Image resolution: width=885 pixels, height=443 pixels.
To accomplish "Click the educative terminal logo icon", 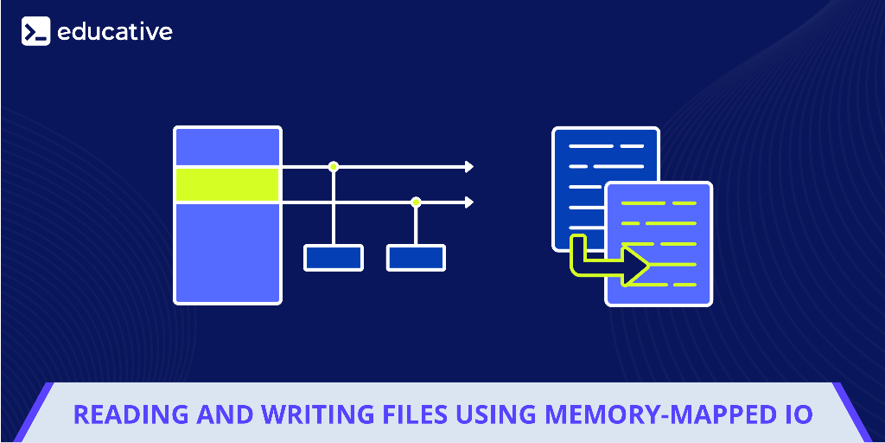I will (x=36, y=31).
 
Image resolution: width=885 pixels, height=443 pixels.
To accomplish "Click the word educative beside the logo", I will (x=115, y=32).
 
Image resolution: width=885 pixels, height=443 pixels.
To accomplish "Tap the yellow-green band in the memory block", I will (x=227, y=184).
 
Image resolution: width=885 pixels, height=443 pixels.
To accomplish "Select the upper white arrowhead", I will (x=469, y=166).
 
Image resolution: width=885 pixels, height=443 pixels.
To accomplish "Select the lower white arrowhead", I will (x=469, y=202).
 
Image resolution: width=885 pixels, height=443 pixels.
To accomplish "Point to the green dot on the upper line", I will (x=333, y=166).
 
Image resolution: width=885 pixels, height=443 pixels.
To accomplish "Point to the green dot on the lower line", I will (x=416, y=202).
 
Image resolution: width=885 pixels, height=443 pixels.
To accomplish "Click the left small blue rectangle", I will (x=333, y=257).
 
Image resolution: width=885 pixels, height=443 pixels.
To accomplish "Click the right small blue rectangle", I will (x=416, y=257).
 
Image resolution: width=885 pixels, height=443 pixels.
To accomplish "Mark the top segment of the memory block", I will (x=227, y=146).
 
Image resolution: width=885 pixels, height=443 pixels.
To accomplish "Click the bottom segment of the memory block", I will (x=227, y=252).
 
